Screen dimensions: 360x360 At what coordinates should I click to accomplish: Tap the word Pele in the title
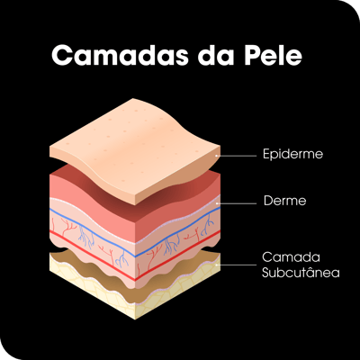click(x=273, y=55)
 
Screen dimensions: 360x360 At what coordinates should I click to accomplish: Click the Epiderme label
click(x=292, y=154)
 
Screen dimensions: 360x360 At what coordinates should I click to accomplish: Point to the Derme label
click(x=284, y=201)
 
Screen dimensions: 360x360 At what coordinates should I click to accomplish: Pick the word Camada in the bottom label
click(x=287, y=257)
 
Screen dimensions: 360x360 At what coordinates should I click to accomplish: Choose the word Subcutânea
click(x=301, y=273)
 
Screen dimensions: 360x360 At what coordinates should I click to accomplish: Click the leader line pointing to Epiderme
click(x=237, y=156)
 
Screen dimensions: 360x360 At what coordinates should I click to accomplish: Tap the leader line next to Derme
click(x=237, y=203)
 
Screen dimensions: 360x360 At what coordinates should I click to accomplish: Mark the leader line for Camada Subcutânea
click(x=237, y=265)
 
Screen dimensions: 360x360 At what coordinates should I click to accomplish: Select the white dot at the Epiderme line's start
click(x=217, y=156)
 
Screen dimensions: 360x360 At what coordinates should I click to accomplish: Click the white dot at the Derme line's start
click(x=217, y=203)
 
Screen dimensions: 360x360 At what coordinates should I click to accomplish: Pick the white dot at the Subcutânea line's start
click(x=217, y=265)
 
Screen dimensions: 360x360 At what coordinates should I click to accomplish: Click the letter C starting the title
click(x=61, y=55)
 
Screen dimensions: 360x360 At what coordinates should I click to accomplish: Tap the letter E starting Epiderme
click(x=266, y=153)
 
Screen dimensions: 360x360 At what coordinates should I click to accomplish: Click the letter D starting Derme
click(x=268, y=201)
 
